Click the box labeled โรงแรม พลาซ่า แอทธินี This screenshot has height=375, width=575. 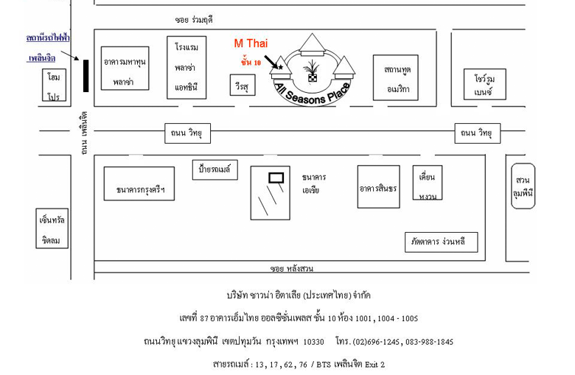(187, 67)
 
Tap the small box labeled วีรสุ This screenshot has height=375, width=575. (240, 85)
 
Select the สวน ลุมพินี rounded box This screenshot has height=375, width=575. (523, 186)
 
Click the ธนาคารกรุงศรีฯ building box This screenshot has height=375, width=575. (139, 183)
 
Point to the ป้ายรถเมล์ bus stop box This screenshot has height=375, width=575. (215, 170)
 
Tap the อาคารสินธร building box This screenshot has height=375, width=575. (378, 187)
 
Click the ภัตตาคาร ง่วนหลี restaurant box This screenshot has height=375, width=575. (441, 242)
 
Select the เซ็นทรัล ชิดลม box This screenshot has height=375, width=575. (52, 229)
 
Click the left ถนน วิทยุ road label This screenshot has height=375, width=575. (187, 133)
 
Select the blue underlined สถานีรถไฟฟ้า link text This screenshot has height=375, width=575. (48, 37)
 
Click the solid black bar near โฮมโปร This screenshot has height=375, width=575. (86, 76)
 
